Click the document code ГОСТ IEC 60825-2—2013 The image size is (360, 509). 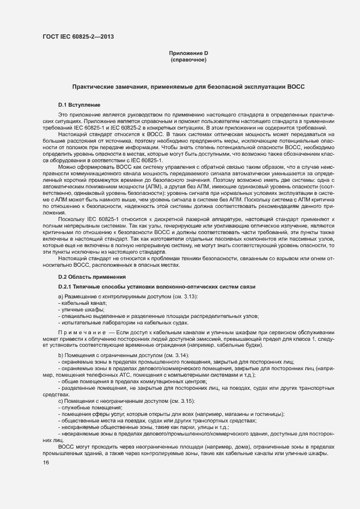(x=78, y=38)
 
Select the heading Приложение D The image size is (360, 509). (x=188, y=53)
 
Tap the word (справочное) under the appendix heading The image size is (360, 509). (x=188, y=60)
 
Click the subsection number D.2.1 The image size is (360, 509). (x=66, y=287)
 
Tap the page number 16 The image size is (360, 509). (x=46, y=463)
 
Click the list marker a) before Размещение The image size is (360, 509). (x=60, y=296)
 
